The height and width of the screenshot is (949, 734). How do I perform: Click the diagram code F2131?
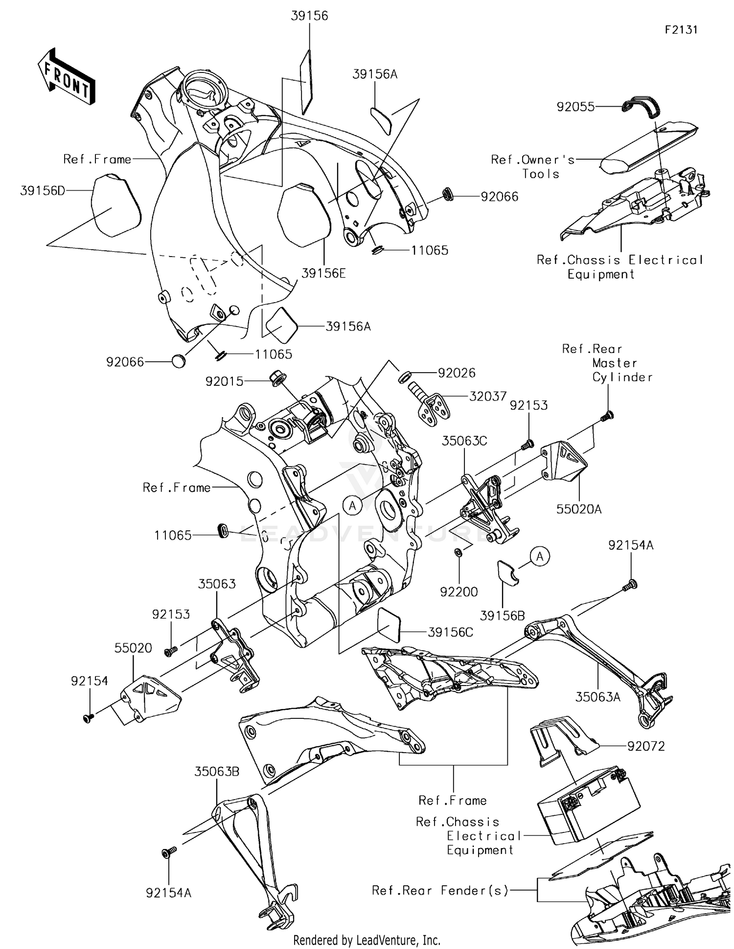coord(681,30)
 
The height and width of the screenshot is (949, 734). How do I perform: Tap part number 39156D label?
coord(43,191)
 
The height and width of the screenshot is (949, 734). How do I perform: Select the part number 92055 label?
coord(575,107)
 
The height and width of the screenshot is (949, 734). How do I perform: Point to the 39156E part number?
coord(323,274)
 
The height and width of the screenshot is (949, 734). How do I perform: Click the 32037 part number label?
coord(487,396)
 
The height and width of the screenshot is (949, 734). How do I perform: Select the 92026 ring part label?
coord(457,373)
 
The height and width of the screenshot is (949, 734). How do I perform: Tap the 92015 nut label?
coord(224,381)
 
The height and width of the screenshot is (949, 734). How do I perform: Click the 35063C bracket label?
coord(464,441)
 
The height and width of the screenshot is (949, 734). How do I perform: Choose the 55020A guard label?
coord(579,509)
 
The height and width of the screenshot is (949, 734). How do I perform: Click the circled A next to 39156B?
coord(540,557)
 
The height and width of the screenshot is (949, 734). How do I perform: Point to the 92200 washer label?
coord(459,592)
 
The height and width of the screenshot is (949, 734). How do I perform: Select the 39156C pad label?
coord(450,632)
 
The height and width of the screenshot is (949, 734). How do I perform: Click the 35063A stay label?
coord(597,697)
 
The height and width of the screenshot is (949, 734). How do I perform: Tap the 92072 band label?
coord(646,746)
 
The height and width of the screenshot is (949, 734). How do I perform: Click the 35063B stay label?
coord(217,772)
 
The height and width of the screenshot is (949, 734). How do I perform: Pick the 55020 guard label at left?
coord(133,648)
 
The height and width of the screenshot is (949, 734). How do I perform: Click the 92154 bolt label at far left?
coord(89,681)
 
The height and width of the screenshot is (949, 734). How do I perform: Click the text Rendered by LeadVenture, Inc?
coord(367,940)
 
